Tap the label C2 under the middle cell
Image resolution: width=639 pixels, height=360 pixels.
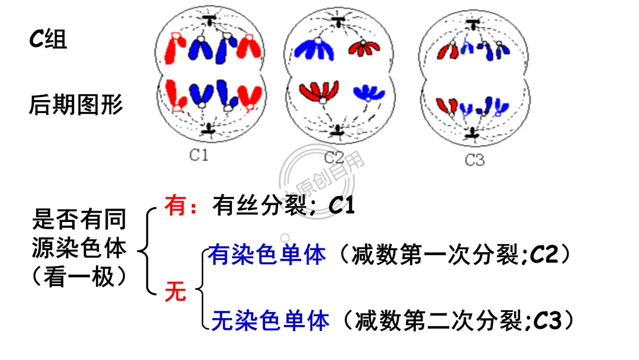334,157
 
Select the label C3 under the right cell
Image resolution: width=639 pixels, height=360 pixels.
475,160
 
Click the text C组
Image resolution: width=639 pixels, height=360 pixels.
49,40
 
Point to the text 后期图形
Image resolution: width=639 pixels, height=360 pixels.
76,105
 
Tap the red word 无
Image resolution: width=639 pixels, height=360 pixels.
176,291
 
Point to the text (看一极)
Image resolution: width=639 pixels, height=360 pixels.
79,277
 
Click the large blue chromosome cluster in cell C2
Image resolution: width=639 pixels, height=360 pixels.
314,50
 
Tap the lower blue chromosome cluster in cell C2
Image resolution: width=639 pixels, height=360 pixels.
368,92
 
